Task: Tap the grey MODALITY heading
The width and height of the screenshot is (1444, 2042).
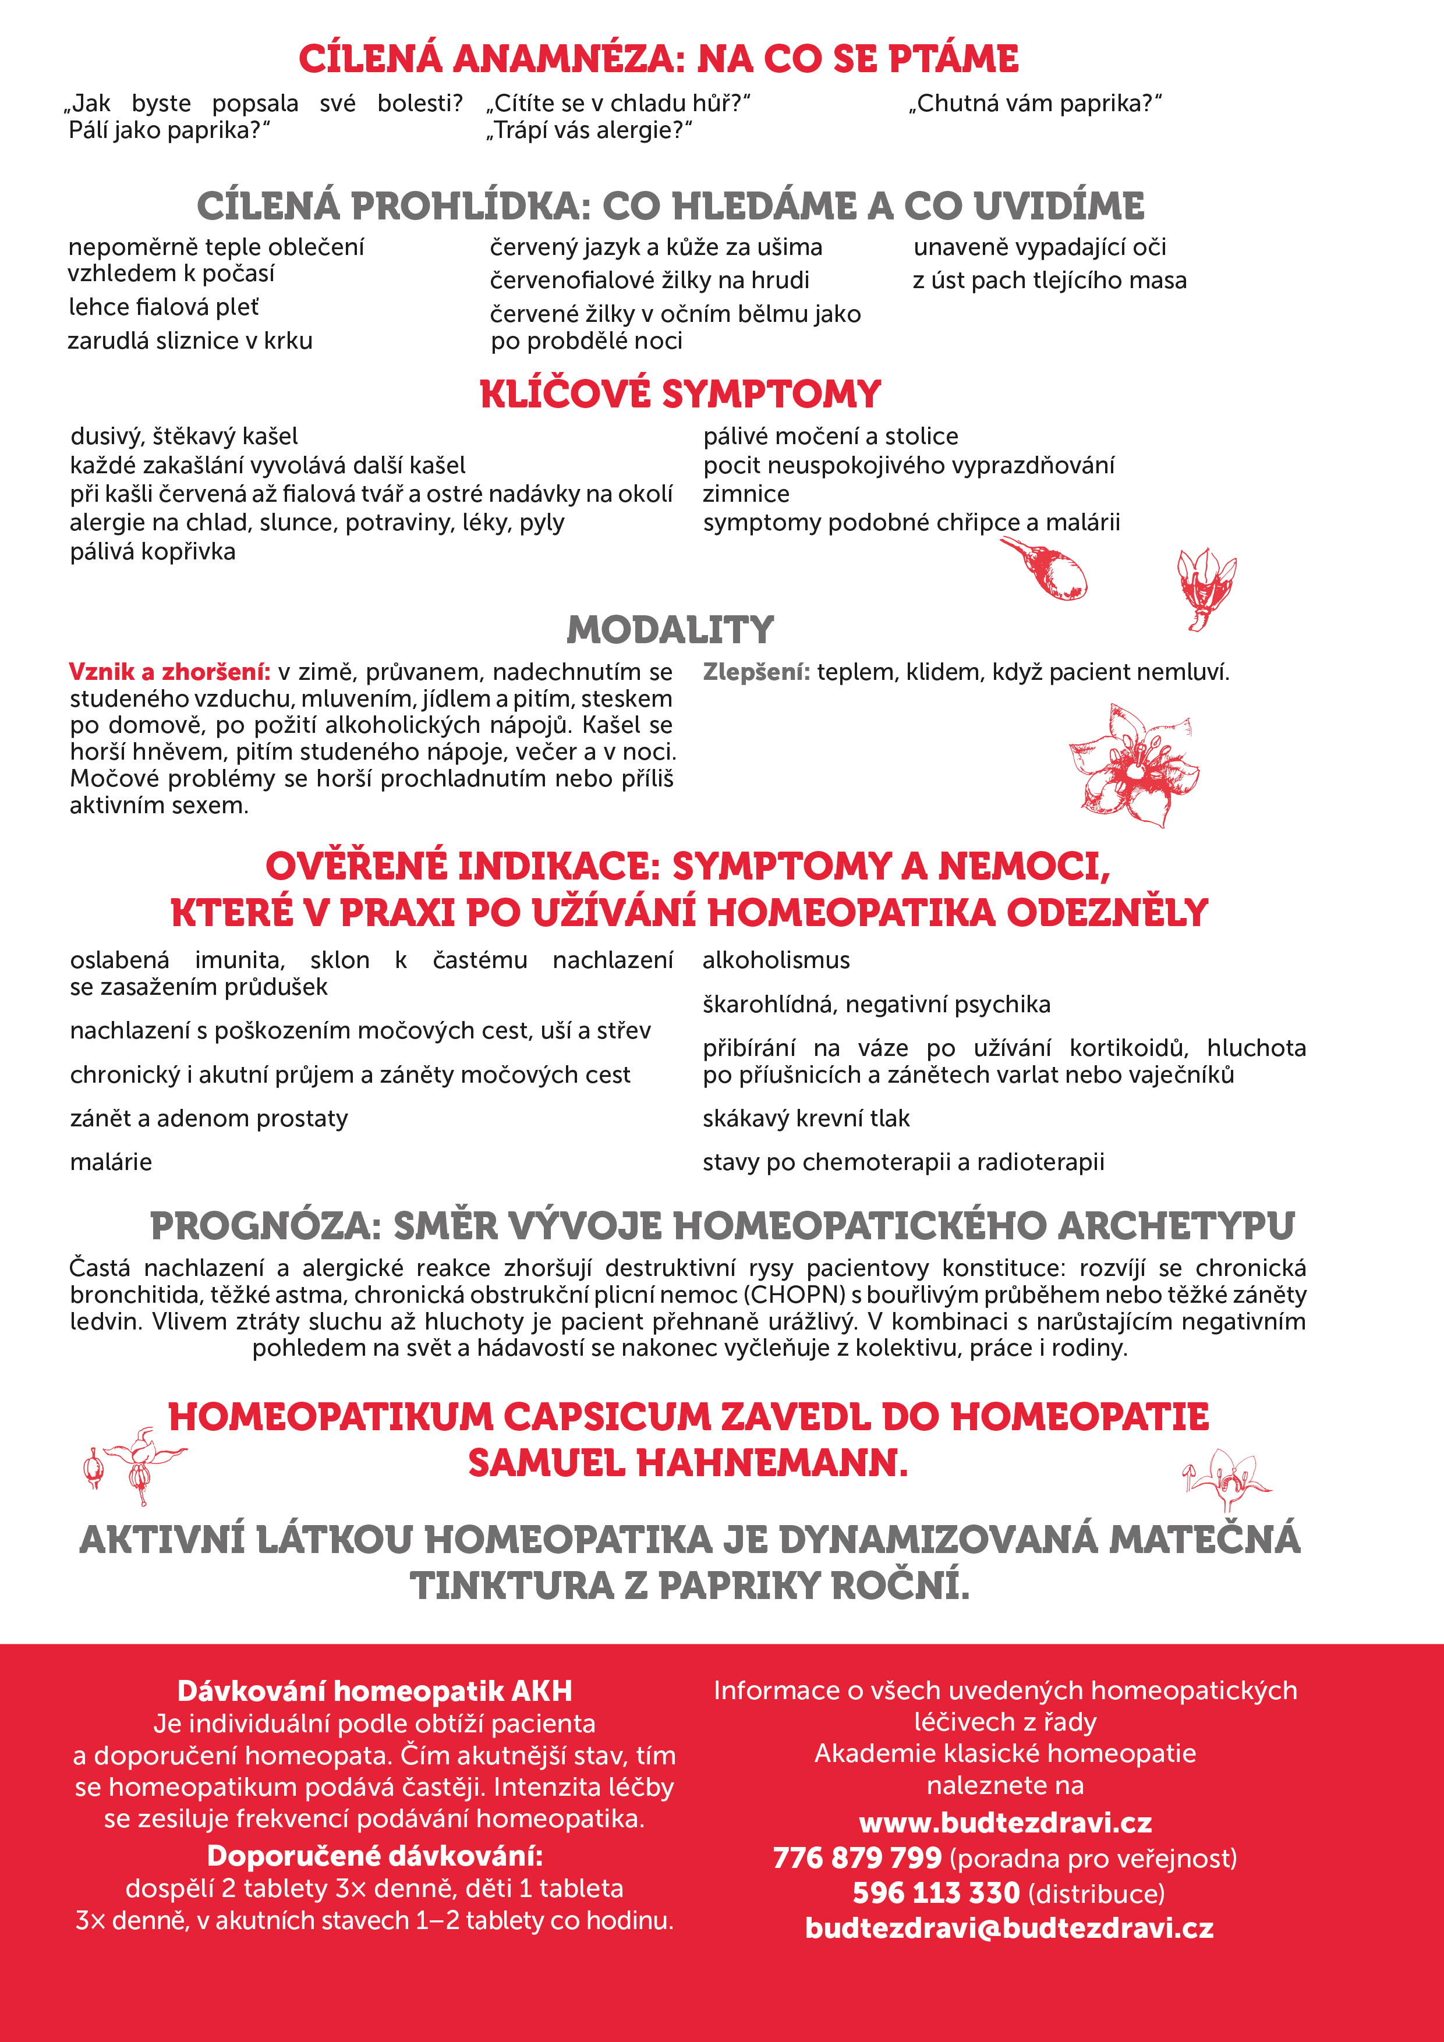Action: (670, 630)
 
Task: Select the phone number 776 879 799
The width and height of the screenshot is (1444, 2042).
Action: (857, 1858)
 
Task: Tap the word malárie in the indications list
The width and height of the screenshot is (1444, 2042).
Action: (111, 1162)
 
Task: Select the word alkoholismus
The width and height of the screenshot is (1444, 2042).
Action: (776, 960)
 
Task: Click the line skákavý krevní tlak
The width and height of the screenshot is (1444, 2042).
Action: (806, 1119)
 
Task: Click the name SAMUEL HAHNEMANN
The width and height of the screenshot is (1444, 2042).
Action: (688, 1463)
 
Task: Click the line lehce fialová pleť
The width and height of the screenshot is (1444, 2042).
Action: (164, 307)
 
